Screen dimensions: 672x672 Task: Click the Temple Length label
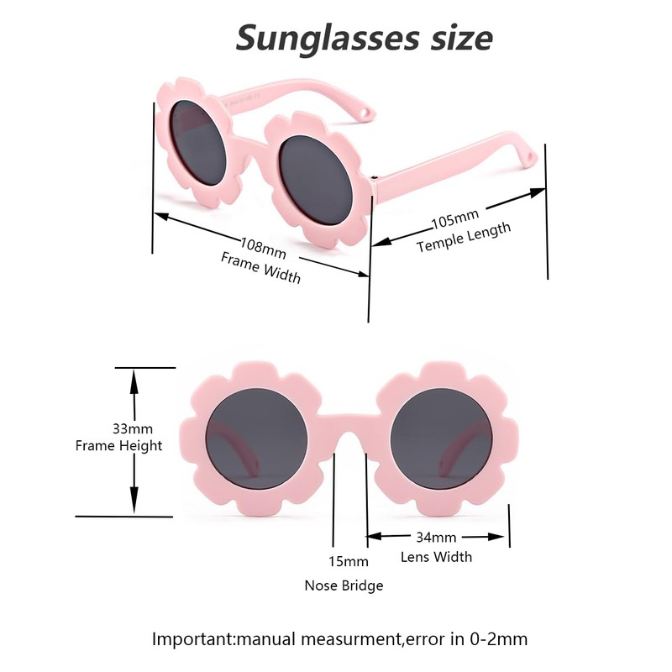tap(464, 239)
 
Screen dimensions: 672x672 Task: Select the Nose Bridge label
tap(344, 585)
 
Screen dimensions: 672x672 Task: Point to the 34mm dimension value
tap(436, 537)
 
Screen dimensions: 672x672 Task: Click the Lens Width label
tap(436, 557)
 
